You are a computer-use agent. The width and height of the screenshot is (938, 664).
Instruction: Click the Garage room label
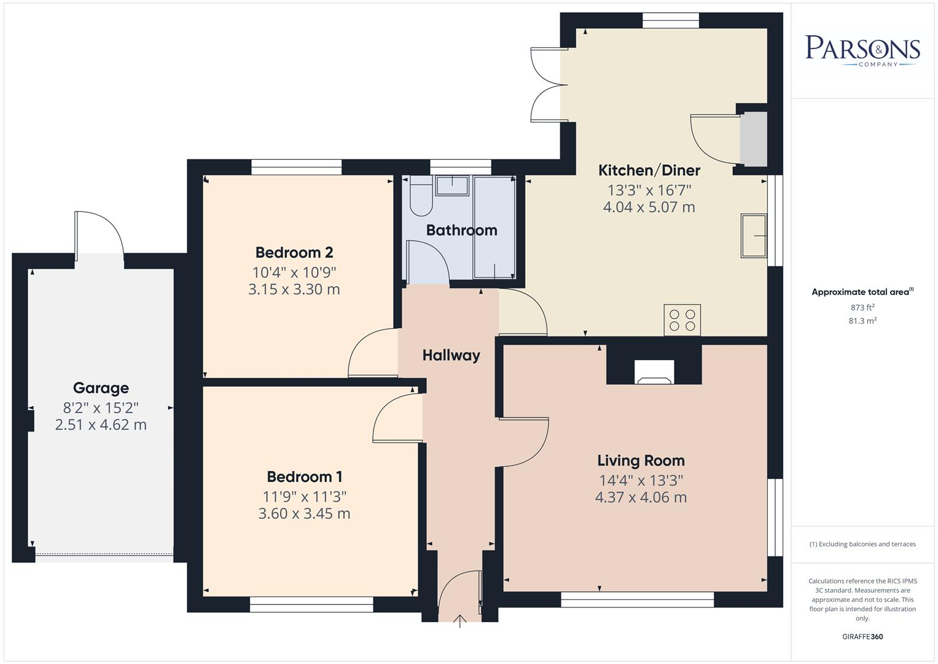click(x=101, y=388)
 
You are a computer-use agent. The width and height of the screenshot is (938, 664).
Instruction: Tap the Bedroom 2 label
click(x=294, y=253)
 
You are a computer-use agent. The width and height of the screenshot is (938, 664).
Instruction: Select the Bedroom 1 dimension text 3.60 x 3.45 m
click(x=304, y=513)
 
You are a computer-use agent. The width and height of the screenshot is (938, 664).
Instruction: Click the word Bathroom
click(x=461, y=230)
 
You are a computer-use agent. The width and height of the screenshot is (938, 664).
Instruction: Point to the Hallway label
click(x=451, y=355)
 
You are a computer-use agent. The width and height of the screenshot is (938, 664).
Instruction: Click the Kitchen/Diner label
click(x=649, y=170)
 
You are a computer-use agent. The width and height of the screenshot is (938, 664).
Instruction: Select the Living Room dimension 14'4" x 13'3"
click(x=641, y=480)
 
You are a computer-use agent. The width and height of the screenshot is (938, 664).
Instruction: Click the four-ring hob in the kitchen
click(x=682, y=320)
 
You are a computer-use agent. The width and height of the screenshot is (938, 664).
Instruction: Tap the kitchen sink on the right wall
click(x=754, y=235)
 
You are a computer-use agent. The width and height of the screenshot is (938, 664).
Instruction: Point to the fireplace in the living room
click(x=654, y=373)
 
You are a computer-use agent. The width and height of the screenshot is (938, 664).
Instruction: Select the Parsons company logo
click(x=862, y=50)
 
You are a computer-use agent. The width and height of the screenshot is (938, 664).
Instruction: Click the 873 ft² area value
click(x=862, y=307)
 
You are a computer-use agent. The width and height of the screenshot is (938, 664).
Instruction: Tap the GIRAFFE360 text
click(x=862, y=637)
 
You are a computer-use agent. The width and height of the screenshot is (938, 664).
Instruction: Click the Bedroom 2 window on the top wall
click(x=296, y=167)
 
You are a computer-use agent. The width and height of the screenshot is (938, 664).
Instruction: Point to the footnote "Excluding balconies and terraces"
click(x=862, y=544)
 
